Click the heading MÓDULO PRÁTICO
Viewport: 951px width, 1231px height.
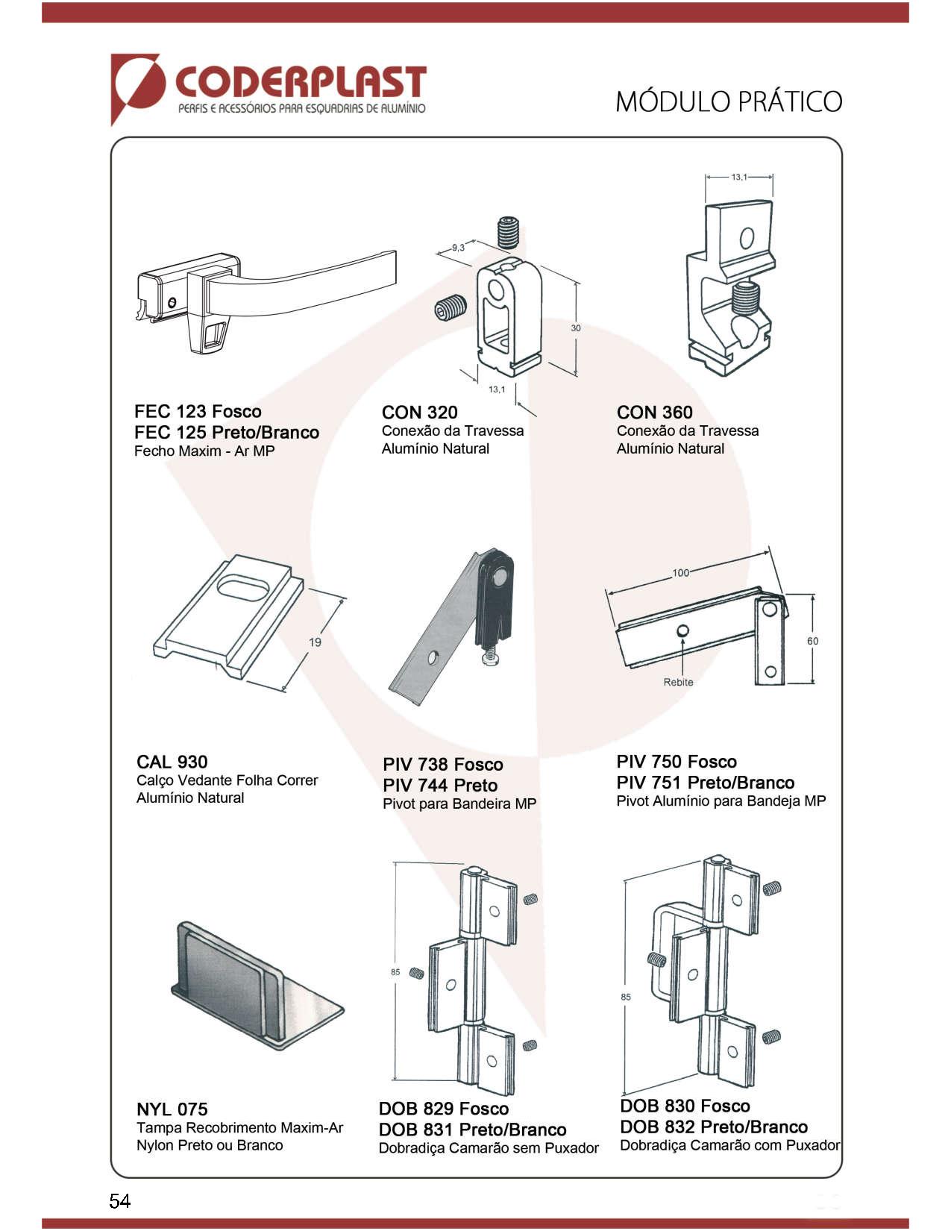(728, 101)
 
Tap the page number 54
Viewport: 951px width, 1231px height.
(119, 1200)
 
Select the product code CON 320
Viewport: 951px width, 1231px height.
(419, 413)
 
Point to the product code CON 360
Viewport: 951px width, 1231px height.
(654, 413)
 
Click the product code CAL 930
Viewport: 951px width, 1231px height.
(172, 762)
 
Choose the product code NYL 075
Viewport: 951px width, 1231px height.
(172, 1109)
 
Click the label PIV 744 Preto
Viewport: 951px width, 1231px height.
(439, 785)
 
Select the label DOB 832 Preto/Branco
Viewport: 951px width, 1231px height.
(713, 1127)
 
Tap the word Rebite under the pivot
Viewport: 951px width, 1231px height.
(678, 682)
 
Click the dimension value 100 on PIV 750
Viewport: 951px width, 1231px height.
(680, 573)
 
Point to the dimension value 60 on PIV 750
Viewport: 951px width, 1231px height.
(812, 641)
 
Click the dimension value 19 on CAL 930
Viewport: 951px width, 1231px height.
(315, 642)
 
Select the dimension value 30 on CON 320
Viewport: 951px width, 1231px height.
(576, 328)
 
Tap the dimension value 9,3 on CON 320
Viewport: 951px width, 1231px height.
(457, 247)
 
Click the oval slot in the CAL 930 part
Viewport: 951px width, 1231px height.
(242, 584)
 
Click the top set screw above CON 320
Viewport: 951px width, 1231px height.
(508, 232)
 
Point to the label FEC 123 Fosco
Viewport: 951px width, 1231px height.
(198, 412)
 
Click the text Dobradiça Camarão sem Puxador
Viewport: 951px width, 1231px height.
(488, 1148)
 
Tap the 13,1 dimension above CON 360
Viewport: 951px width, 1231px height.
(738, 177)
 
